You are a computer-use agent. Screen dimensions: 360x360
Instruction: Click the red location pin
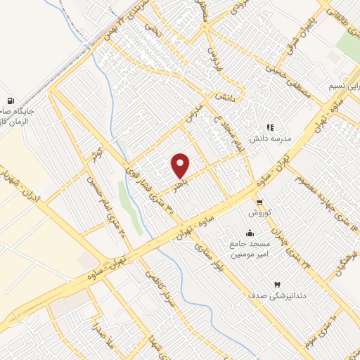181,166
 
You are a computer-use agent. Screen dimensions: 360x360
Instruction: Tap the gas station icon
11,102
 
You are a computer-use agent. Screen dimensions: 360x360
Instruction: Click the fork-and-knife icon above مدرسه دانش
269,127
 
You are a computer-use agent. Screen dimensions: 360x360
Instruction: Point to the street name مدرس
195,113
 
